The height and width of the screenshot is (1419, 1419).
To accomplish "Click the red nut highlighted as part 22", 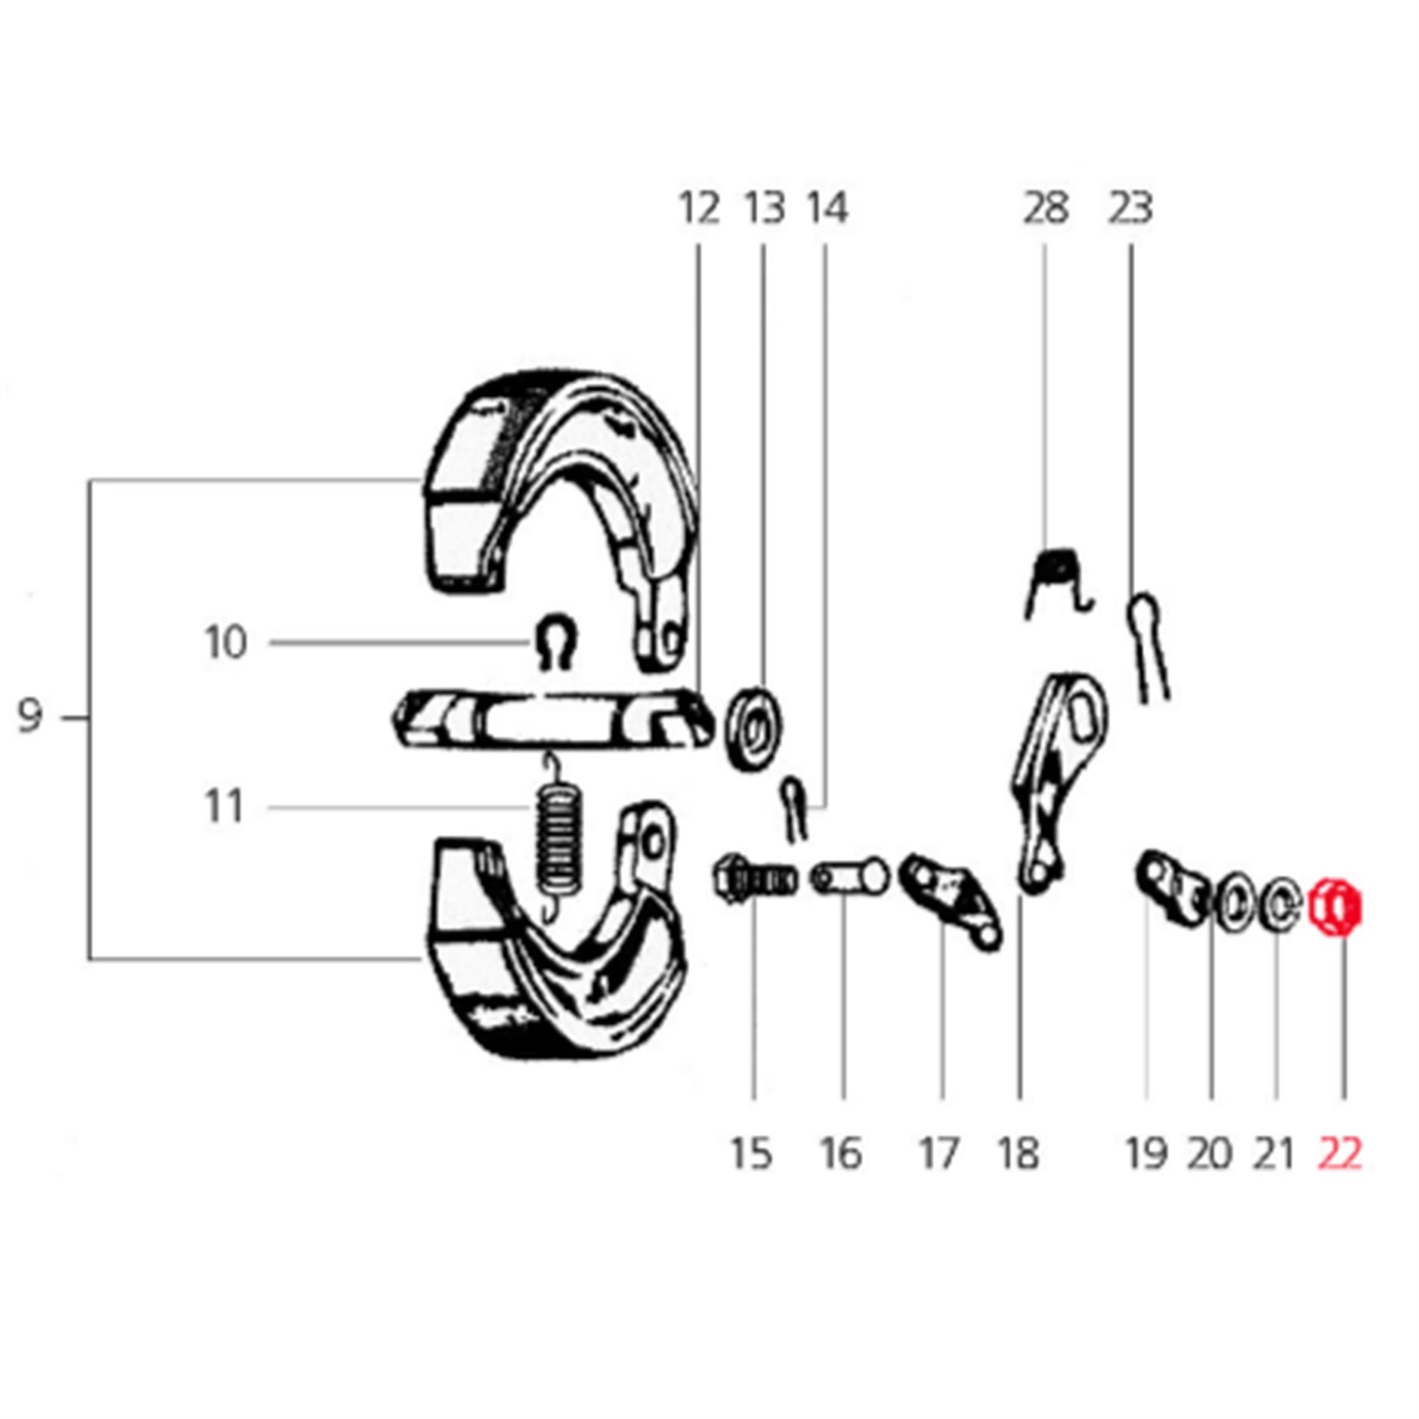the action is coord(1335,908).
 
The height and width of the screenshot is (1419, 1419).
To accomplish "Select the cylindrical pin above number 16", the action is coord(850,877).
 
